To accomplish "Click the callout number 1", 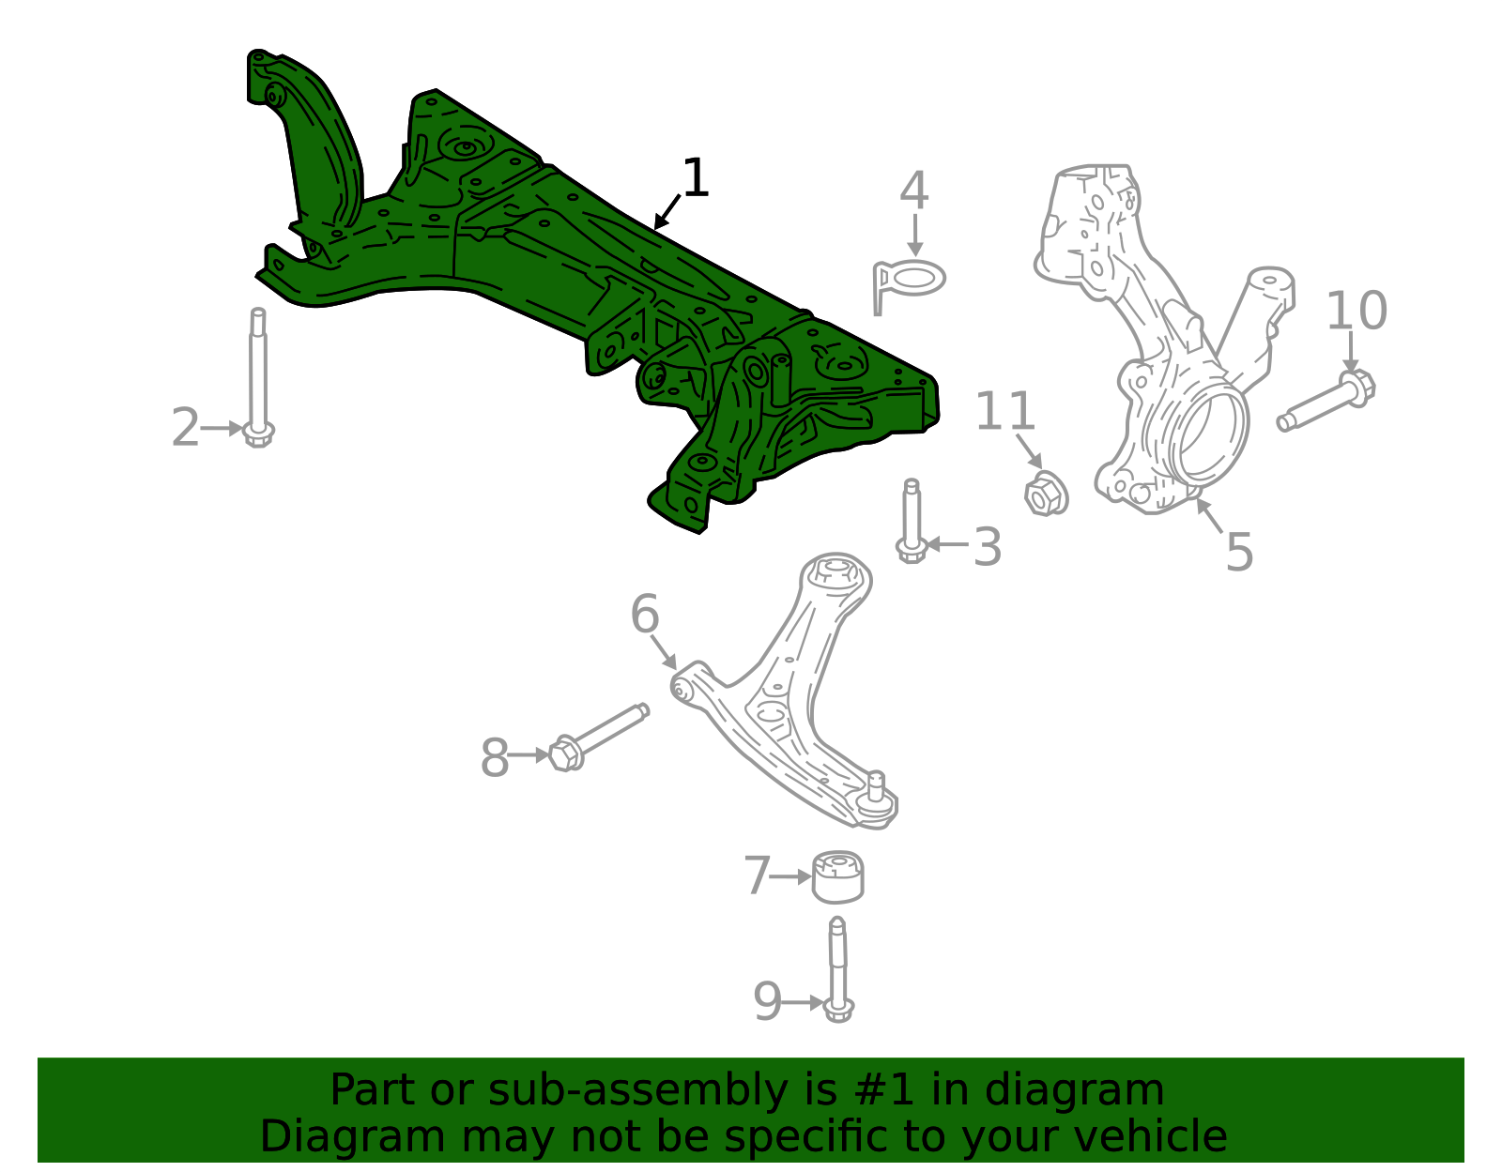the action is tap(696, 178).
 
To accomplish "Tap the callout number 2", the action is tap(185, 428).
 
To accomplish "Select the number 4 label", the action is tap(913, 190).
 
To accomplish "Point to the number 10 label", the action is tap(1356, 310).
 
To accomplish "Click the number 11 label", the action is tap(1005, 411).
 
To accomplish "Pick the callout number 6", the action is tap(645, 614).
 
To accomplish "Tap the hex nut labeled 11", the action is tap(1046, 494).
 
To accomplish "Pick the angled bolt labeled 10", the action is tap(1326, 400).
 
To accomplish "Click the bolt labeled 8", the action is tap(599, 737).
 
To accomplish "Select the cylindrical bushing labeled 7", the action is tap(837, 877).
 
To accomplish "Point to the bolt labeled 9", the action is tap(838, 969).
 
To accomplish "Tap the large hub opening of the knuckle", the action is tap(1212, 433).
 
